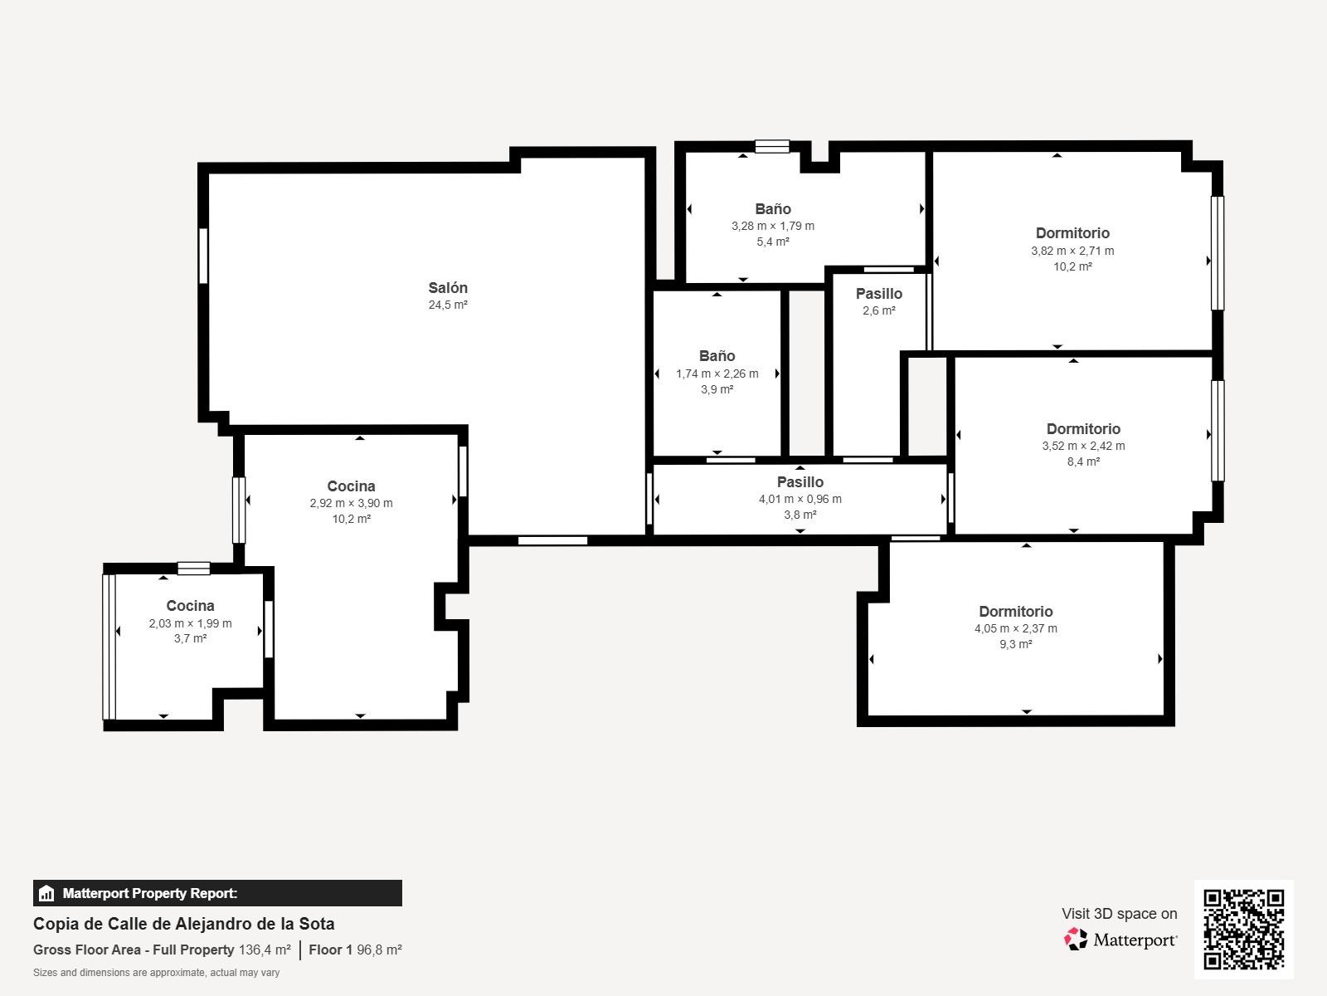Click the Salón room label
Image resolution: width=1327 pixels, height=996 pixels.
pos(448,288)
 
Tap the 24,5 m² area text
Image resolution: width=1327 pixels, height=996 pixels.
pos(448,305)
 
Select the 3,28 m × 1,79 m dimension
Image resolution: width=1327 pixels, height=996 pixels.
pos(773,226)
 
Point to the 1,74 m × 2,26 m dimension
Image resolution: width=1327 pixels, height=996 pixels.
pos(717,373)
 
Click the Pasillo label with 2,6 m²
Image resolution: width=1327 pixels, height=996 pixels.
pos(879,294)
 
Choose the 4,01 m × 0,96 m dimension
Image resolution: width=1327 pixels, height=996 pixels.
pos(800,499)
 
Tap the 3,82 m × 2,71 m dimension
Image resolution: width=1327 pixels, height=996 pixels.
pos(1072,251)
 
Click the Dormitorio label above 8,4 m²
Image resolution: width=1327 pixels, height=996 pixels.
pos(1083,429)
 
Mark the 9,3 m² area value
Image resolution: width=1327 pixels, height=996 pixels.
pos(1016,644)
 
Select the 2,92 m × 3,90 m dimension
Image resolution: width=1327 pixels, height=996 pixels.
pos(352,503)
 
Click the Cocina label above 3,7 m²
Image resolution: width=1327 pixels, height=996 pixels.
pos(191,605)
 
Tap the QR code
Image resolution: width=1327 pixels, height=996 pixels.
pos(1243,929)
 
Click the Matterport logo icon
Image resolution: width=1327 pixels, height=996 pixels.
pos(1076,940)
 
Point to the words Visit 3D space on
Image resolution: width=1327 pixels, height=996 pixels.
pos(1119,914)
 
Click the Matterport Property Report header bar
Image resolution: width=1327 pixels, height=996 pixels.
pos(217,892)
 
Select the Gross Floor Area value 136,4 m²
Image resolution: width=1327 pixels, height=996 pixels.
pos(265,950)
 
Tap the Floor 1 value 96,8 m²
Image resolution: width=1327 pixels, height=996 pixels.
pos(379,950)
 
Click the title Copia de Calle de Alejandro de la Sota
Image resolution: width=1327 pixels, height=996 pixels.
pos(184,924)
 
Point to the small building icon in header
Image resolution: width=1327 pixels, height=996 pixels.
pos(46,893)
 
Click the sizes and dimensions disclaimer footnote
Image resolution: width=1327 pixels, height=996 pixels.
pos(156,973)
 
